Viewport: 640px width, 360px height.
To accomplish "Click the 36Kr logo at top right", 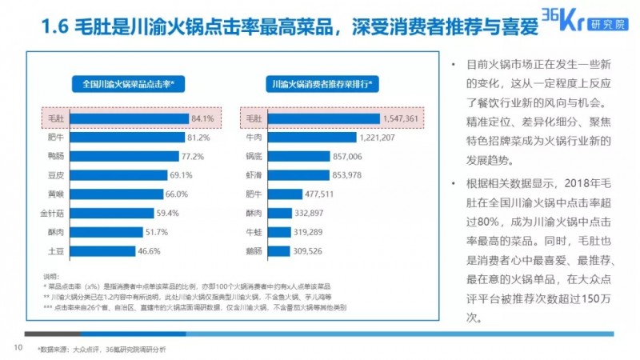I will tap(589, 20).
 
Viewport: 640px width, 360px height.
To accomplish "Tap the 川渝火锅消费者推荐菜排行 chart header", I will tap(323, 83).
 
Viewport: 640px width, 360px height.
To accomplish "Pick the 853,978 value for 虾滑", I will tap(351, 175).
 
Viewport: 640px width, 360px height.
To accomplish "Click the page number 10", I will tap(16, 347).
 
